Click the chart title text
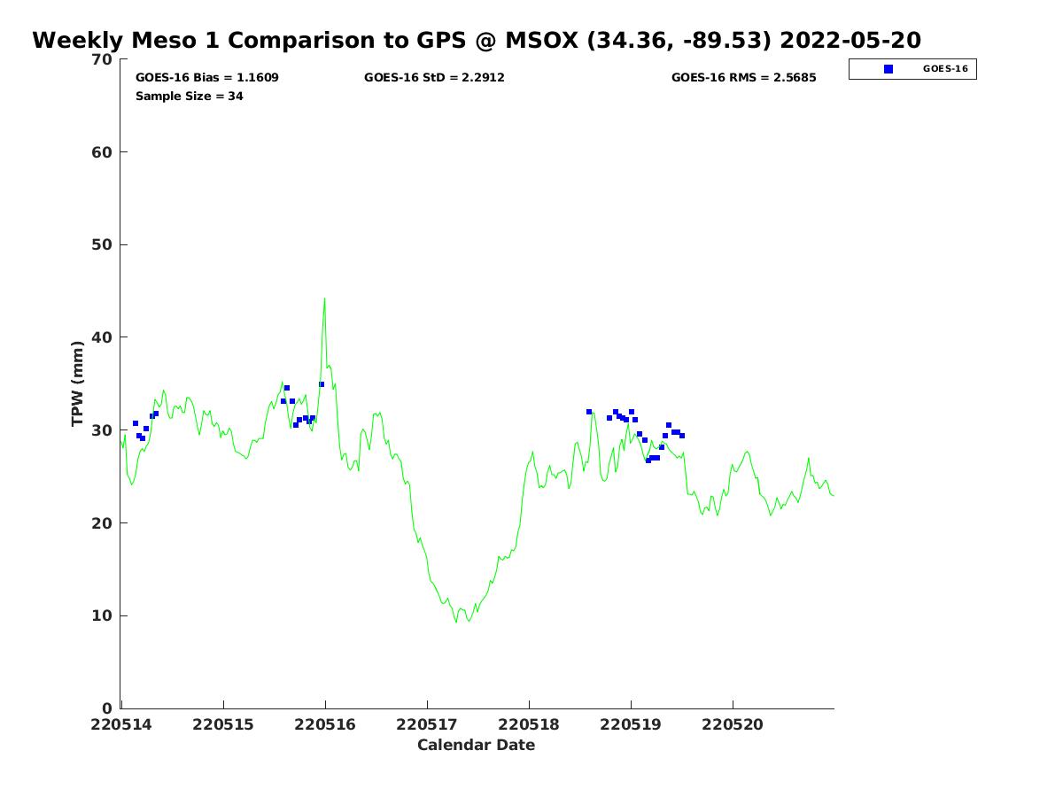tap(477, 41)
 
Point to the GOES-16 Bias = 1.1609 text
tap(207, 78)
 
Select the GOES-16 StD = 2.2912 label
tap(434, 78)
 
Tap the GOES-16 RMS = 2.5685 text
tap(743, 78)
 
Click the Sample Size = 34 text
tap(190, 97)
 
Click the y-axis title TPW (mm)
tap(78, 383)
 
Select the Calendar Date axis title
tap(477, 746)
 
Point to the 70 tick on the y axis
tap(103, 59)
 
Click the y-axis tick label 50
tap(103, 244)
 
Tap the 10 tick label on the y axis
tap(103, 615)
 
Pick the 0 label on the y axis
tap(107, 708)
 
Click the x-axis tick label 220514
tap(121, 725)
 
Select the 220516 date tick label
tap(325, 725)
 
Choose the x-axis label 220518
tap(529, 725)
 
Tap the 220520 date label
tap(733, 725)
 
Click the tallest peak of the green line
tap(324, 298)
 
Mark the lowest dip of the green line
tap(457, 622)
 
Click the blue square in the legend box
tap(888, 69)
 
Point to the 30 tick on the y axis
tap(103, 430)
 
